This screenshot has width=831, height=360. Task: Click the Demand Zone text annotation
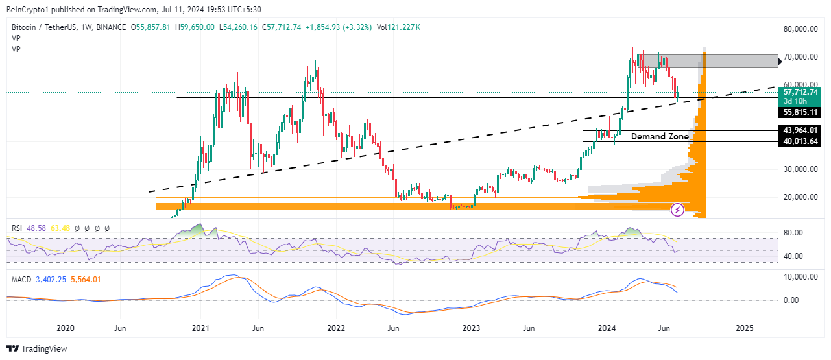[x=660, y=136]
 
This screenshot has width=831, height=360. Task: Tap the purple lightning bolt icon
[x=677, y=210]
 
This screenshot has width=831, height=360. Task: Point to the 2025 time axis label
[x=744, y=328]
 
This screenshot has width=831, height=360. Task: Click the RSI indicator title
[x=18, y=228]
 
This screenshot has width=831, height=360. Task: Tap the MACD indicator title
[x=21, y=279]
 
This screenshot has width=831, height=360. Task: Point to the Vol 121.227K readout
[x=398, y=27]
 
